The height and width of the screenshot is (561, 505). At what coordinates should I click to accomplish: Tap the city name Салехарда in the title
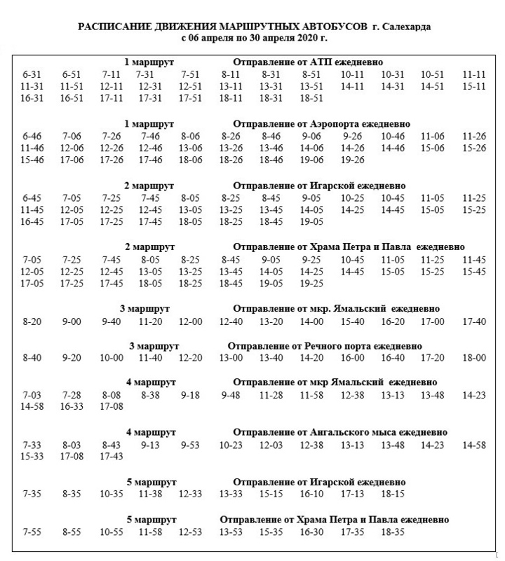pos(406,26)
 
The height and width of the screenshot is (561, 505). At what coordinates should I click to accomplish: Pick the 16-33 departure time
pos(72,407)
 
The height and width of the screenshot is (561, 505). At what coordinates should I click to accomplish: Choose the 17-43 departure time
pos(112,456)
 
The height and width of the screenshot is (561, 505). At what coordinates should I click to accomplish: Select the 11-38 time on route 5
pos(151,494)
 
